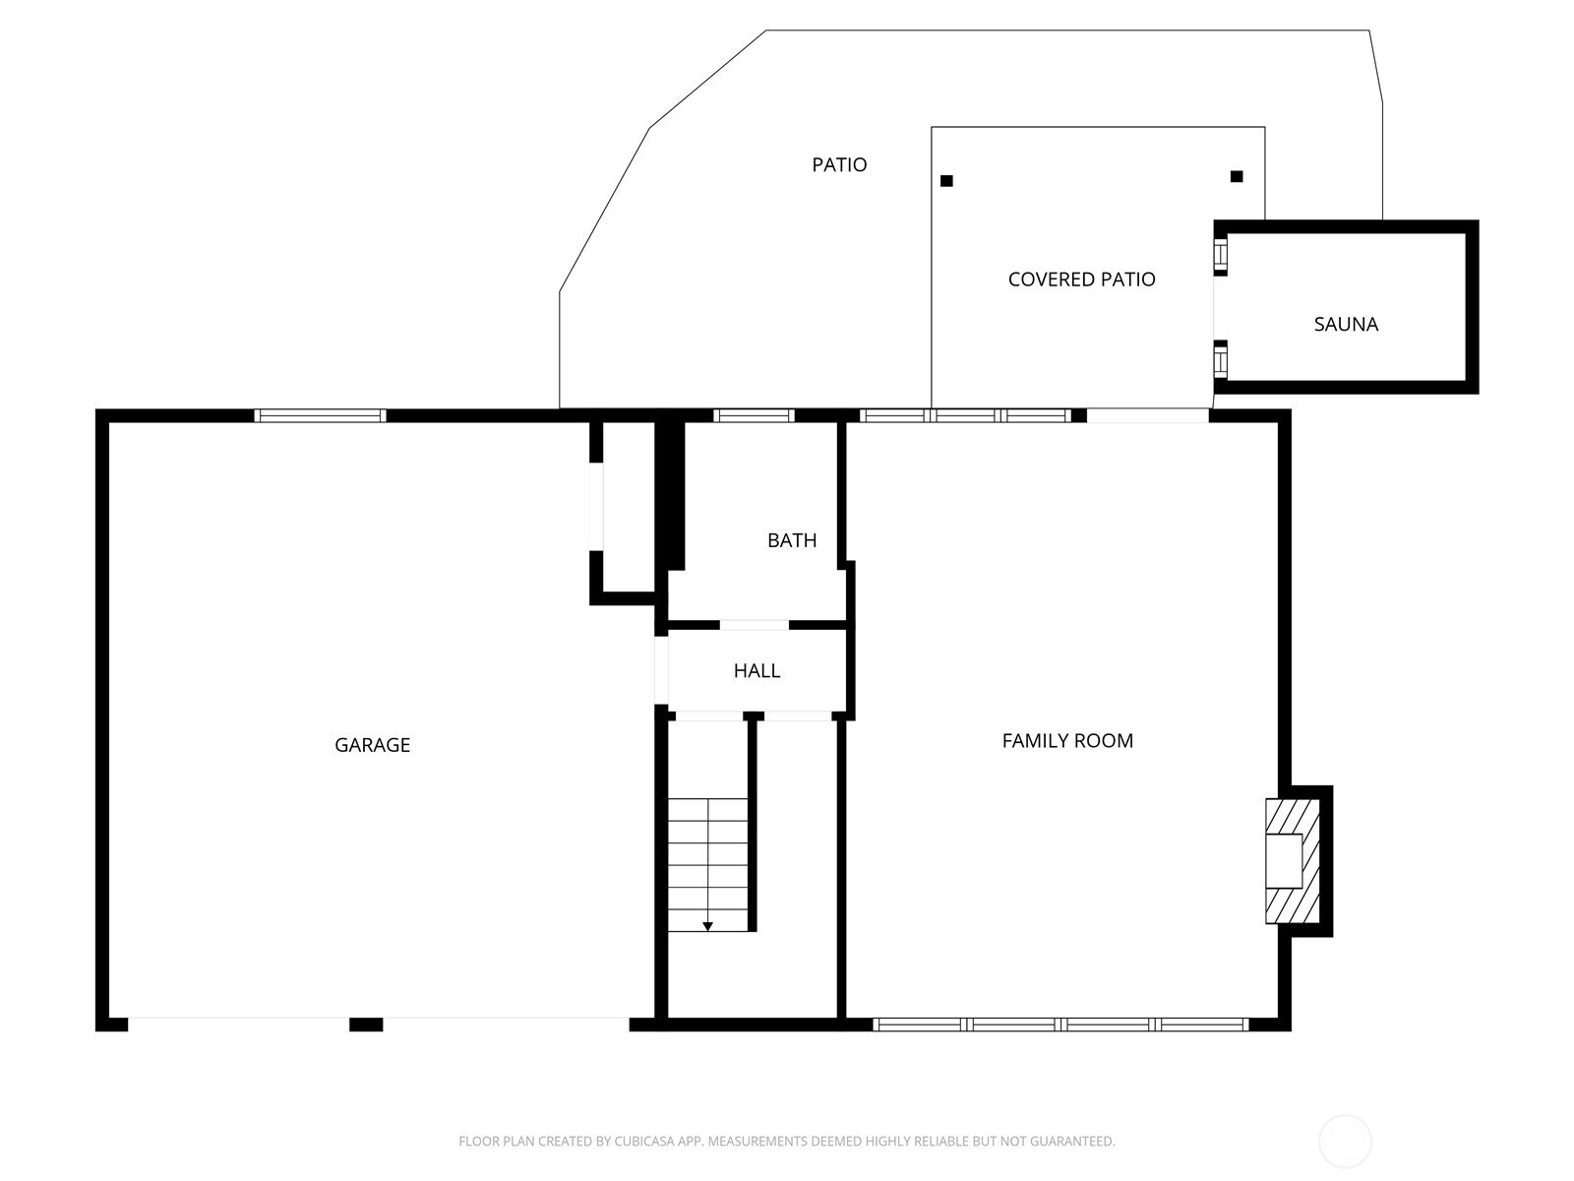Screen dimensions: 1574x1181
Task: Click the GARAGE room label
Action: (372, 745)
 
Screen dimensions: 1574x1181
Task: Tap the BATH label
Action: (792, 540)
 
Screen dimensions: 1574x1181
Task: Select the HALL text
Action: (757, 670)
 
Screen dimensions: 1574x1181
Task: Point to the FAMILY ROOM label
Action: (1067, 741)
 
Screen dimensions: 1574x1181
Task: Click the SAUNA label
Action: (1346, 324)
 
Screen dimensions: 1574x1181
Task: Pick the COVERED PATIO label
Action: (1081, 279)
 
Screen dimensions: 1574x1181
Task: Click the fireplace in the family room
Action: (1293, 860)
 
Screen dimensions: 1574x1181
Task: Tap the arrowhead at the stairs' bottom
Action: (707, 926)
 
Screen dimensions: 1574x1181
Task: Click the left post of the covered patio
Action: (946, 181)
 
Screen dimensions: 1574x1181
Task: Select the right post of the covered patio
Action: (1237, 176)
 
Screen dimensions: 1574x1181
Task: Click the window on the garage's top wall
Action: (320, 415)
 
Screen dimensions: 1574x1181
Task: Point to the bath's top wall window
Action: (754, 415)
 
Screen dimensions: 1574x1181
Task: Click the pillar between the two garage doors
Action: (366, 1025)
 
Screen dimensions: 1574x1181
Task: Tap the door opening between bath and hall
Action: (755, 625)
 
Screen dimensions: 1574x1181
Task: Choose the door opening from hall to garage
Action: (661, 670)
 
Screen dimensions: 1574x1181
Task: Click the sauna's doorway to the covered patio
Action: (1220, 308)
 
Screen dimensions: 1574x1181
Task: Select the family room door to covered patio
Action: (1148, 415)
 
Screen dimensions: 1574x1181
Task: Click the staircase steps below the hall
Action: (707, 865)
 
